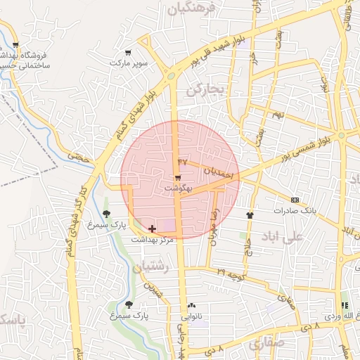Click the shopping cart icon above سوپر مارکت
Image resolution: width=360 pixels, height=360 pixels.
[x=127, y=53]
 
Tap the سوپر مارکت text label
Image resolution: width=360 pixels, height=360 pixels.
[x=129, y=63]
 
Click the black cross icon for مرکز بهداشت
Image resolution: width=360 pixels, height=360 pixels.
[x=153, y=229]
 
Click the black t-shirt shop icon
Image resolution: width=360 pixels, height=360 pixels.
[x=250, y=214]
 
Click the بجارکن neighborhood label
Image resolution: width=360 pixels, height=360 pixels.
[x=205, y=90]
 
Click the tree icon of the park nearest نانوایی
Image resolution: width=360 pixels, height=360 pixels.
[x=129, y=304]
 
